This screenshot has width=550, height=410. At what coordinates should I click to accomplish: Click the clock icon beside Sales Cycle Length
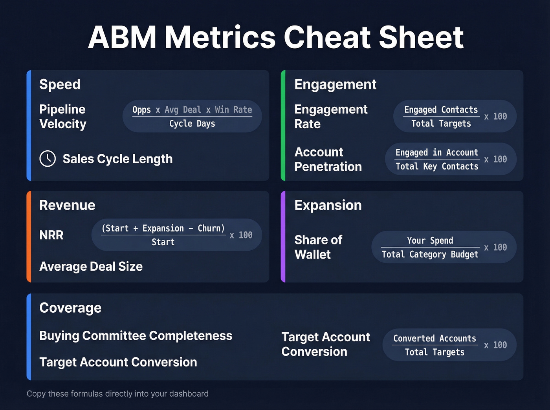pyautogui.click(x=48, y=159)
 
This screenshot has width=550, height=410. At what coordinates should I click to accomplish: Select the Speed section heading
pyautogui.click(x=60, y=84)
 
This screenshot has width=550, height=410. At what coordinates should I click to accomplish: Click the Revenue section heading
pyautogui.click(x=67, y=205)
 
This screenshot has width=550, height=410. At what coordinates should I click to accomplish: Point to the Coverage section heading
pyautogui.click(x=70, y=308)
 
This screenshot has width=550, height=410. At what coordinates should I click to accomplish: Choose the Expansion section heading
pyautogui.click(x=328, y=205)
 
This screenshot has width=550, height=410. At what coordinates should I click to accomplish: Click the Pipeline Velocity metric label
pyautogui.click(x=63, y=117)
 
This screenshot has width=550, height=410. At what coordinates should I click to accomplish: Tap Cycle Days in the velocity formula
pyautogui.click(x=192, y=124)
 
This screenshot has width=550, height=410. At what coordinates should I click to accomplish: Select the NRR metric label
pyautogui.click(x=51, y=235)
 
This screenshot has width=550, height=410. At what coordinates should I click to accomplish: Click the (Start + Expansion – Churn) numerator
pyautogui.click(x=163, y=228)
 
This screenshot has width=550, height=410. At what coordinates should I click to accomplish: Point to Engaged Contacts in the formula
pyautogui.click(x=441, y=110)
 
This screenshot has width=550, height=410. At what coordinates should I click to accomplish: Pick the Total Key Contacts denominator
pyautogui.click(x=437, y=166)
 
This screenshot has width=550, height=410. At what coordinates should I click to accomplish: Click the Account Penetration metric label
pyautogui.click(x=328, y=159)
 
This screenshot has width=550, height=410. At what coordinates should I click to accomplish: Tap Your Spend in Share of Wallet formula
pyautogui.click(x=430, y=241)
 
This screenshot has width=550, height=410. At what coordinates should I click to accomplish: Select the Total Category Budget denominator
pyautogui.click(x=430, y=254)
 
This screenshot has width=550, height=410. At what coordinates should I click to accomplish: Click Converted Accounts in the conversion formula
pyautogui.click(x=434, y=338)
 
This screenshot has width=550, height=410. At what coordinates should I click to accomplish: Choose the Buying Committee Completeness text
pyautogui.click(x=136, y=336)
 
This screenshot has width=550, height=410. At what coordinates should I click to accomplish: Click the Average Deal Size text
pyautogui.click(x=91, y=266)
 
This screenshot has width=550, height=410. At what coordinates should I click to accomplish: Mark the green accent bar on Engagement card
pyautogui.click(x=283, y=126)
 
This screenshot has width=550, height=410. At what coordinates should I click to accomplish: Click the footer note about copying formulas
pyautogui.click(x=117, y=394)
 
